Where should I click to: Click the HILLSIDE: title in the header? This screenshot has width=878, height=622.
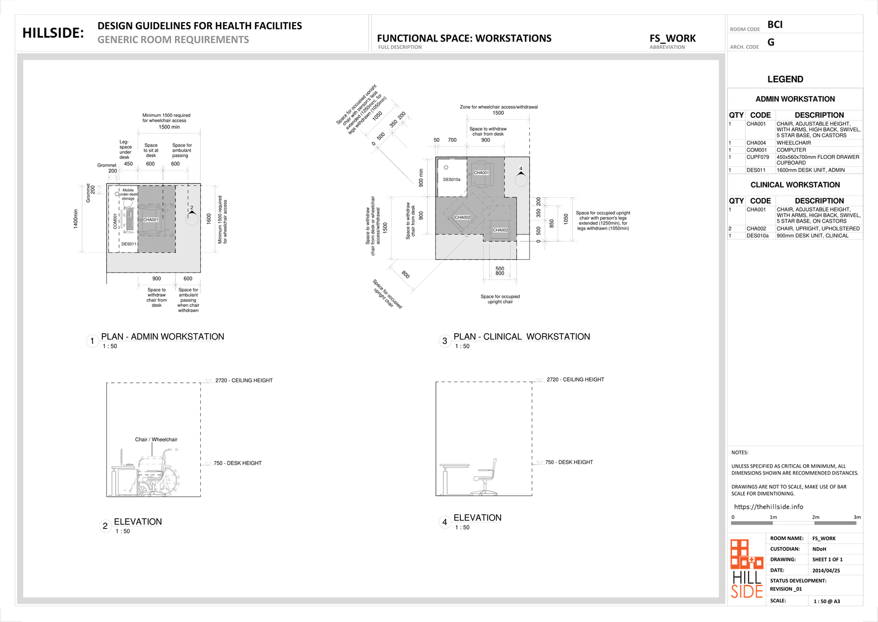point(53,33)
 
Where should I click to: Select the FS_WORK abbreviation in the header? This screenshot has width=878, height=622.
point(672,38)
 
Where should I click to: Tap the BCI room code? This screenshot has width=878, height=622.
point(775,24)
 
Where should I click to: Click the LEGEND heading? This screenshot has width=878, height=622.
point(785,79)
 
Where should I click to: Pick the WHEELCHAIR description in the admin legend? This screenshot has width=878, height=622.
point(793,143)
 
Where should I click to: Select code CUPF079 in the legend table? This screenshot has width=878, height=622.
point(757,157)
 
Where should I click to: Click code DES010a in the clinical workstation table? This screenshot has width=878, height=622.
point(757,236)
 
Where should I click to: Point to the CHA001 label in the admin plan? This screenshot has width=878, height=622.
point(150,220)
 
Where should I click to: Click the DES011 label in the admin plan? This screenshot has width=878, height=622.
point(128,244)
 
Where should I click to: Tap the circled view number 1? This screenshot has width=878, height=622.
point(92,341)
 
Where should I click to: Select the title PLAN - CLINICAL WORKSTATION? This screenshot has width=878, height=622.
point(521,337)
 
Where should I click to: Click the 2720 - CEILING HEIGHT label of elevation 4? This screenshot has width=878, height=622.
point(575,380)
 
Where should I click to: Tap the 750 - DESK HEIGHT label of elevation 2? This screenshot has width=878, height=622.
point(237,463)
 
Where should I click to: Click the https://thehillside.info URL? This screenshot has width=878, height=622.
point(768,507)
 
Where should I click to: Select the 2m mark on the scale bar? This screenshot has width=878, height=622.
point(815,517)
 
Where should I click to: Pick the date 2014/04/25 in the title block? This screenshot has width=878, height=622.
point(826,570)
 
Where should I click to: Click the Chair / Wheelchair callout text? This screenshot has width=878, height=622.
point(156,440)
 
